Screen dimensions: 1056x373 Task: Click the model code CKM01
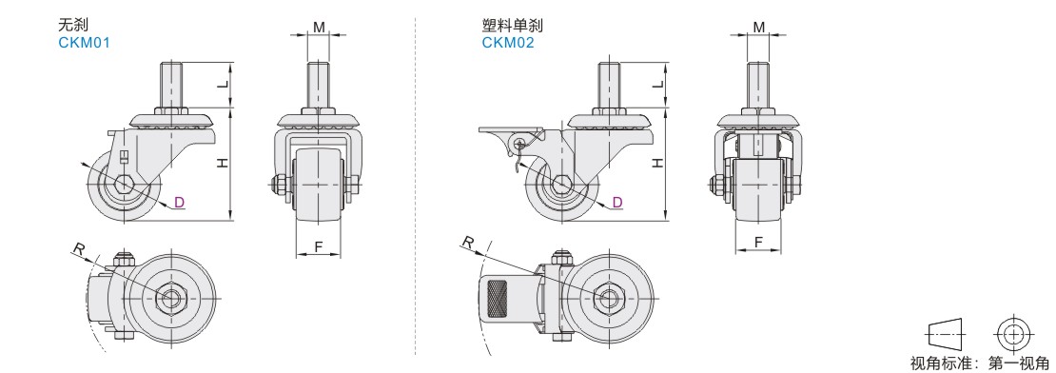click(x=84, y=43)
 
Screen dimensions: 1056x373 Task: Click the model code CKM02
click(x=508, y=43)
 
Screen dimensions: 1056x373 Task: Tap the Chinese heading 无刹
click(x=73, y=26)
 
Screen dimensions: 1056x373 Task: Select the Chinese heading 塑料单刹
click(x=513, y=26)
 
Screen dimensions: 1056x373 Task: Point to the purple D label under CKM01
click(x=179, y=202)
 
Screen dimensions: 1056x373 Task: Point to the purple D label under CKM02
click(x=616, y=202)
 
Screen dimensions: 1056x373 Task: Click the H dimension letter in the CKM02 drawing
click(x=659, y=163)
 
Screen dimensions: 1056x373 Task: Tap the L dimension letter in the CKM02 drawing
click(x=660, y=85)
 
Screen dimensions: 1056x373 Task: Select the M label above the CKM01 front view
click(x=319, y=27)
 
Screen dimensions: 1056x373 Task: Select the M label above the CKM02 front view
click(x=759, y=27)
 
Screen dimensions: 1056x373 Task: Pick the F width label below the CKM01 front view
click(x=320, y=246)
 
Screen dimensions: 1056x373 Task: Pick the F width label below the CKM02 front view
click(x=758, y=242)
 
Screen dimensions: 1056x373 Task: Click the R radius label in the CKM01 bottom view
click(x=80, y=250)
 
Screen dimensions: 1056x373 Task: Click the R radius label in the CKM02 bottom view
click(x=468, y=243)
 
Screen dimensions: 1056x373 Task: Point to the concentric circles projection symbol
click(x=1011, y=334)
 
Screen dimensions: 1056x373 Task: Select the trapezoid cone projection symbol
click(x=946, y=334)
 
